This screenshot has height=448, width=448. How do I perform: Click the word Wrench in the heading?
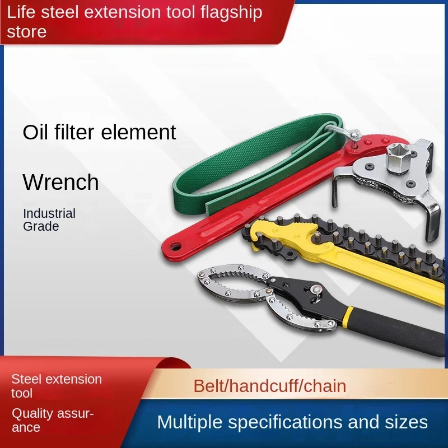pos(60,181)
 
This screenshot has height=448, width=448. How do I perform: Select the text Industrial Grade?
pos(49,220)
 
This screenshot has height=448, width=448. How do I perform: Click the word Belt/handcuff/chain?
pos(270,386)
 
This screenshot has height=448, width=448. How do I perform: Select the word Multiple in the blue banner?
pos(190,422)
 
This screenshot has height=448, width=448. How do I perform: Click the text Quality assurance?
pos(53,420)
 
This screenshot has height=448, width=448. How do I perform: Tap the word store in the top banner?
pos(26,31)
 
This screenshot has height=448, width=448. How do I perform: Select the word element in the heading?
pos(138,132)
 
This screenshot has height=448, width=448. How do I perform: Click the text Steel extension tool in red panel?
pos(57,386)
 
